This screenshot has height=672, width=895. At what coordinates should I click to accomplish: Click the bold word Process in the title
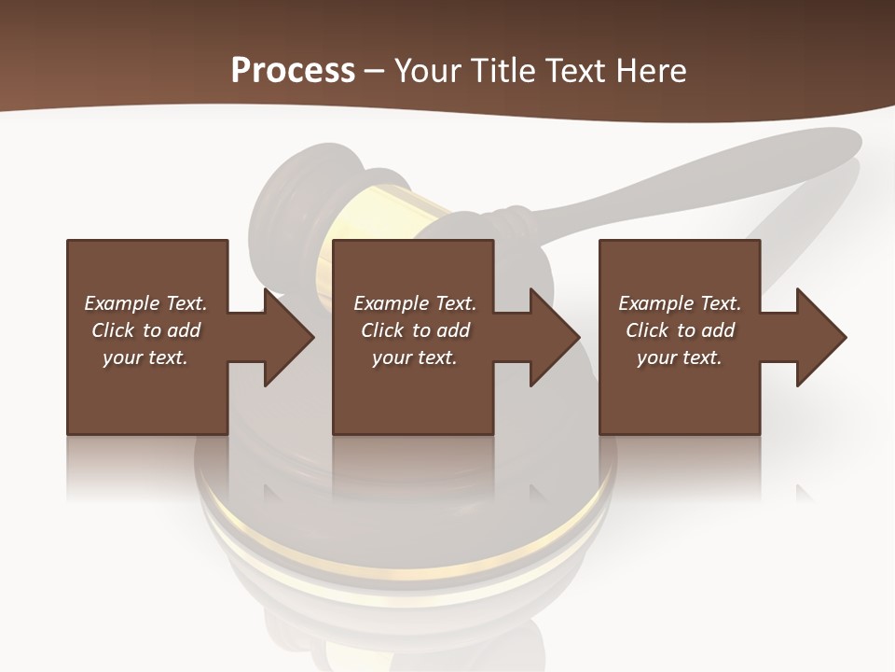pyautogui.click(x=293, y=71)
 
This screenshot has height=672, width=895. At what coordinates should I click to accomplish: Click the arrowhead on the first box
pyautogui.click(x=289, y=337)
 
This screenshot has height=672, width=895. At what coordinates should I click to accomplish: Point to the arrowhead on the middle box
pyautogui.click(x=556, y=337)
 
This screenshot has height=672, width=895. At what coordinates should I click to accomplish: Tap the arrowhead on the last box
pyautogui.click(x=821, y=337)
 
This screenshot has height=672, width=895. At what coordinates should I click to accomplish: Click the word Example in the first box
pyautogui.click(x=122, y=303)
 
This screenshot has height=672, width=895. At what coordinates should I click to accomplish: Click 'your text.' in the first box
pyautogui.click(x=145, y=357)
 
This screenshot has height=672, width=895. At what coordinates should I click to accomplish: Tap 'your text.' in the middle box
pyautogui.click(x=414, y=357)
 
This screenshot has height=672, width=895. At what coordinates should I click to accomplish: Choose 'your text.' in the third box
pyautogui.click(x=679, y=357)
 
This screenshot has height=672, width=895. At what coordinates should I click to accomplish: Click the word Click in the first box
pyautogui.click(x=113, y=330)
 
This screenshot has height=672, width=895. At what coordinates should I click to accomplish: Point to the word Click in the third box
pyautogui.click(x=647, y=330)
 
